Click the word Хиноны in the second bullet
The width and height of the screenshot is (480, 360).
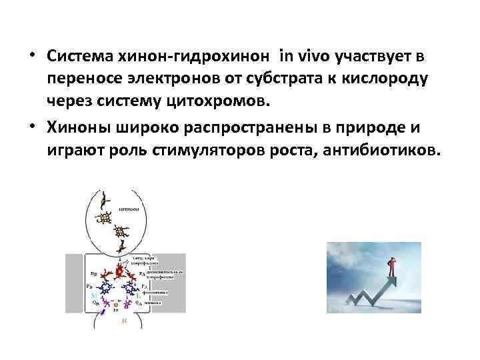tap(81, 127)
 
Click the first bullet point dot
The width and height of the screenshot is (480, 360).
tap(33, 57)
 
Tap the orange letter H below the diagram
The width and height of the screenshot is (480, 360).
tap(121, 321)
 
